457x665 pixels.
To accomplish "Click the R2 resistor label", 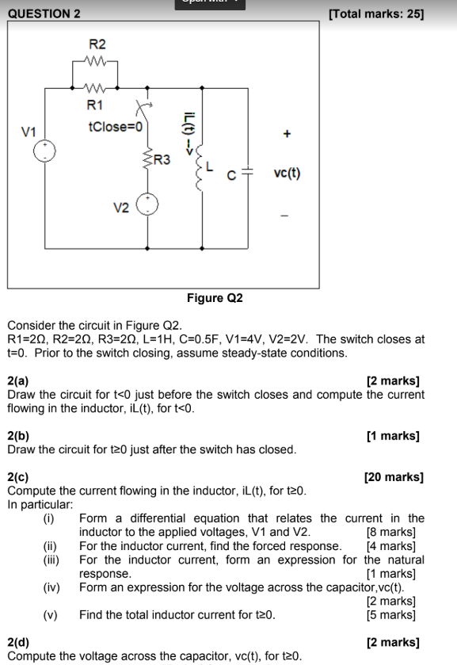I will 96,44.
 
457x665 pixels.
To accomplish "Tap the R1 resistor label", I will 94,104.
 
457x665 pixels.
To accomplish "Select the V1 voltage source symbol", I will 45,151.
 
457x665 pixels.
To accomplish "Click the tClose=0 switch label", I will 116,126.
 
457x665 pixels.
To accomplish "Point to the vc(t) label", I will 287,173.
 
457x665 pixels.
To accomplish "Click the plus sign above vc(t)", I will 287,135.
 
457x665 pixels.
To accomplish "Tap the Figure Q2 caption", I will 215,298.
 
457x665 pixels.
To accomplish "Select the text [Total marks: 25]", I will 375,13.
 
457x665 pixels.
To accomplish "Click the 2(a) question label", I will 18,381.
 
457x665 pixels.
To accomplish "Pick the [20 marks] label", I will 394,477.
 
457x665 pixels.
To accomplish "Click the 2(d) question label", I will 18,643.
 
